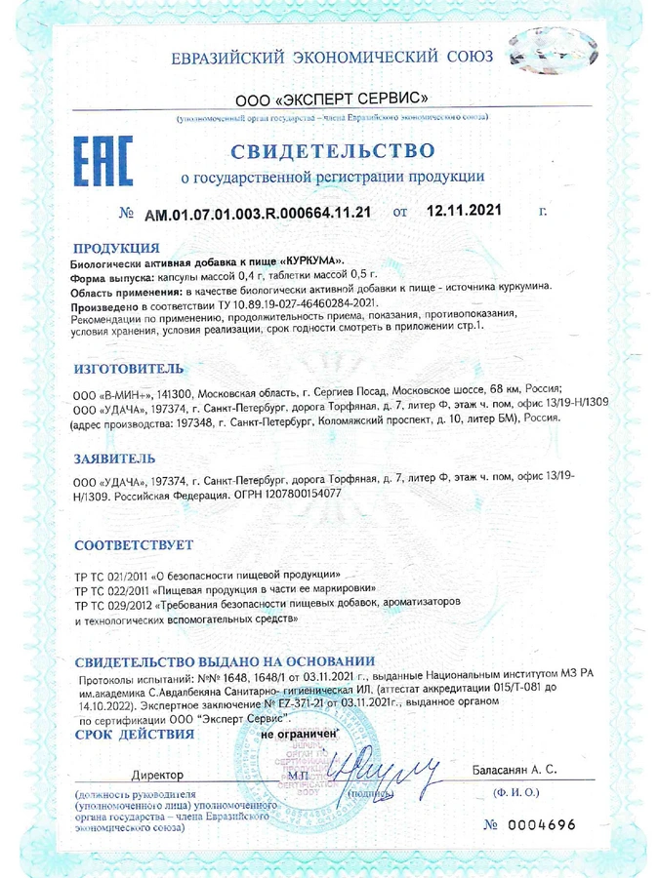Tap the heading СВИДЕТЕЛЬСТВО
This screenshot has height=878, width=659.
332,151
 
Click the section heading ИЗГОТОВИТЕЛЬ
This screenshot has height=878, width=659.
127,370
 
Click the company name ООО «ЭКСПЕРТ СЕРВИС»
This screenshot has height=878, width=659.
331,100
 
